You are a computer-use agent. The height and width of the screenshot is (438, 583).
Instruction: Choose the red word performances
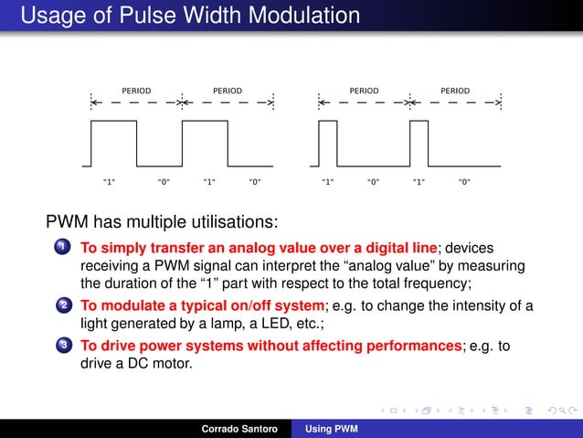point(406,346)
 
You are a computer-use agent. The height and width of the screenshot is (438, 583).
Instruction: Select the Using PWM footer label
point(332,428)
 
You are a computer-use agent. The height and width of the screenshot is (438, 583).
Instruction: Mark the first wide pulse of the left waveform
point(113,144)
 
